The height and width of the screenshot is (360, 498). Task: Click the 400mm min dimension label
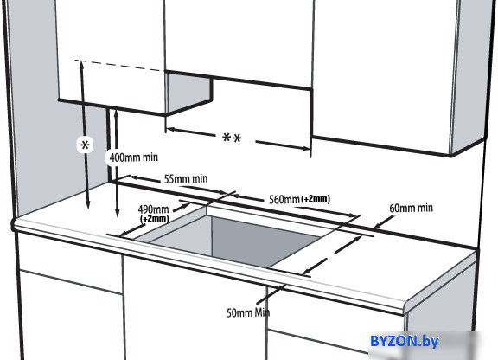(x=134, y=157)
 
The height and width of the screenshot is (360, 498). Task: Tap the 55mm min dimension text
(x=186, y=179)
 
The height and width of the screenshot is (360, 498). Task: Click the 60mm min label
(x=411, y=208)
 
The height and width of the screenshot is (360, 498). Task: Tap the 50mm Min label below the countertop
(x=248, y=312)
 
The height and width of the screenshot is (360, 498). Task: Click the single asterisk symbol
(x=85, y=145)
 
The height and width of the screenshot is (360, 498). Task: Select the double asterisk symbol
(x=233, y=138)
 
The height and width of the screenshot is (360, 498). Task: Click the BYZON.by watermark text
(x=404, y=342)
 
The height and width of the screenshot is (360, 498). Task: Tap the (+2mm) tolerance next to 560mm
(x=316, y=198)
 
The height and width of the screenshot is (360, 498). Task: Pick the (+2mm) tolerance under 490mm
(x=155, y=218)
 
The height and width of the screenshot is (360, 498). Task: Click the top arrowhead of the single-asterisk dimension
(x=81, y=65)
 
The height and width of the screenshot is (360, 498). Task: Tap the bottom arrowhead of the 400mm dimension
(x=118, y=213)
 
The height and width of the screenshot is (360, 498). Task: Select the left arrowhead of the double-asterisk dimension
(x=170, y=130)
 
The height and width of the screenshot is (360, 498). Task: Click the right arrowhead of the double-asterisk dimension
(x=306, y=148)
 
